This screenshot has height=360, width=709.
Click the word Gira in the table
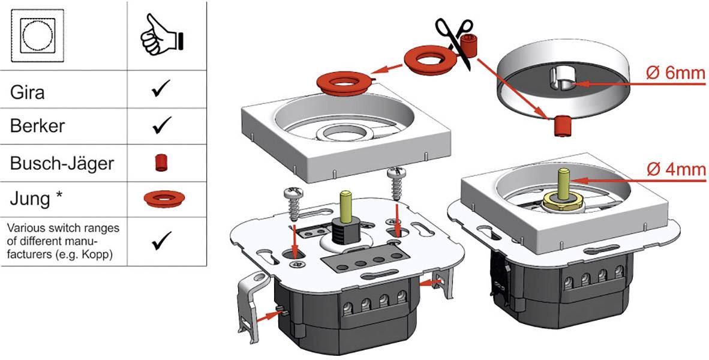[x=28, y=92]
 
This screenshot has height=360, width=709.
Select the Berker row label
[x=38, y=127]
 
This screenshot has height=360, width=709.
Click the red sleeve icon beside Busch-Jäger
[x=161, y=162]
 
